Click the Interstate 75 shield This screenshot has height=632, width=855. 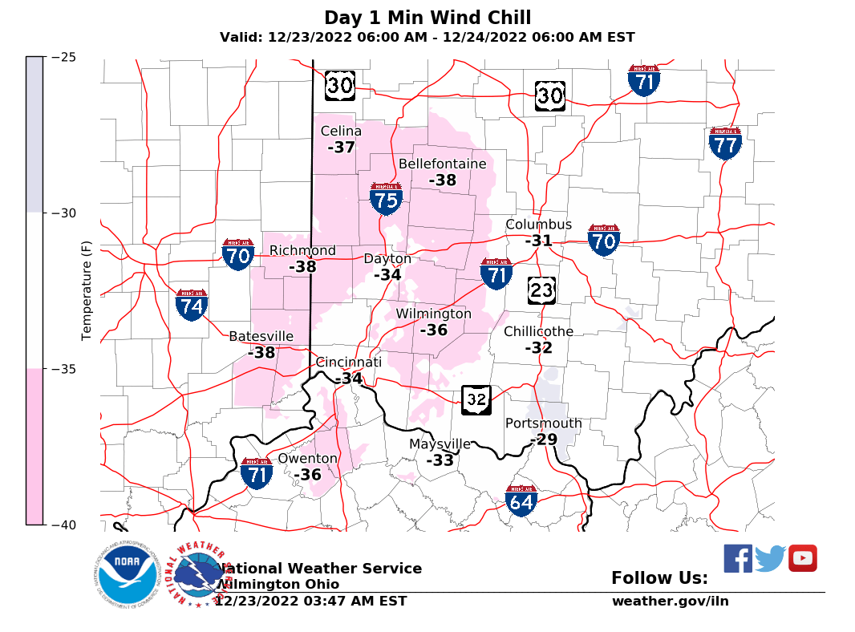(x=387, y=199)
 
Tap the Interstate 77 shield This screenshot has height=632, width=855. (x=725, y=144)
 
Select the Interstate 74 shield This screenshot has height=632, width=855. (x=192, y=306)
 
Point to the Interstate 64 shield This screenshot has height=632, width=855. (x=521, y=500)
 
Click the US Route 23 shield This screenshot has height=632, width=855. (x=542, y=290)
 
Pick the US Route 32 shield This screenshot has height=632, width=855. (x=476, y=399)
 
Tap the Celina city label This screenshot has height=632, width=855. (x=341, y=132)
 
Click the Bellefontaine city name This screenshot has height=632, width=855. (x=443, y=164)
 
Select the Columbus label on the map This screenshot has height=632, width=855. (x=539, y=225)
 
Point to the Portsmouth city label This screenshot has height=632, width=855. (x=544, y=423)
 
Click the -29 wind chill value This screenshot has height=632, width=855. (x=544, y=440)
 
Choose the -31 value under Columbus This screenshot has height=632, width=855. (x=539, y=241)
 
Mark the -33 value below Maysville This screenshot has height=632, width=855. (x=440, y=460)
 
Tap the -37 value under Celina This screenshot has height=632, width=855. (x=341, y=148)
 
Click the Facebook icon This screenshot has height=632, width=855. (x=738, y=558)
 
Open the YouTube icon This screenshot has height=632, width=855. (x=802, y=558)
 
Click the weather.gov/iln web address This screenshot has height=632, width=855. (x=671, y=601)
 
